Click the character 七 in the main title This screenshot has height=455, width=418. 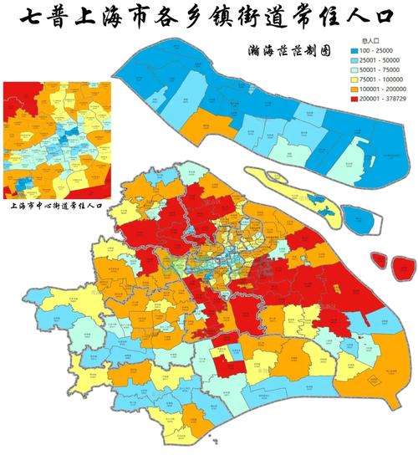point(31,19)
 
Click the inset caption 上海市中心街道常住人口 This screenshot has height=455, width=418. point(58,203)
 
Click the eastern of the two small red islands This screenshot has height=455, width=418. point(400,265)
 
